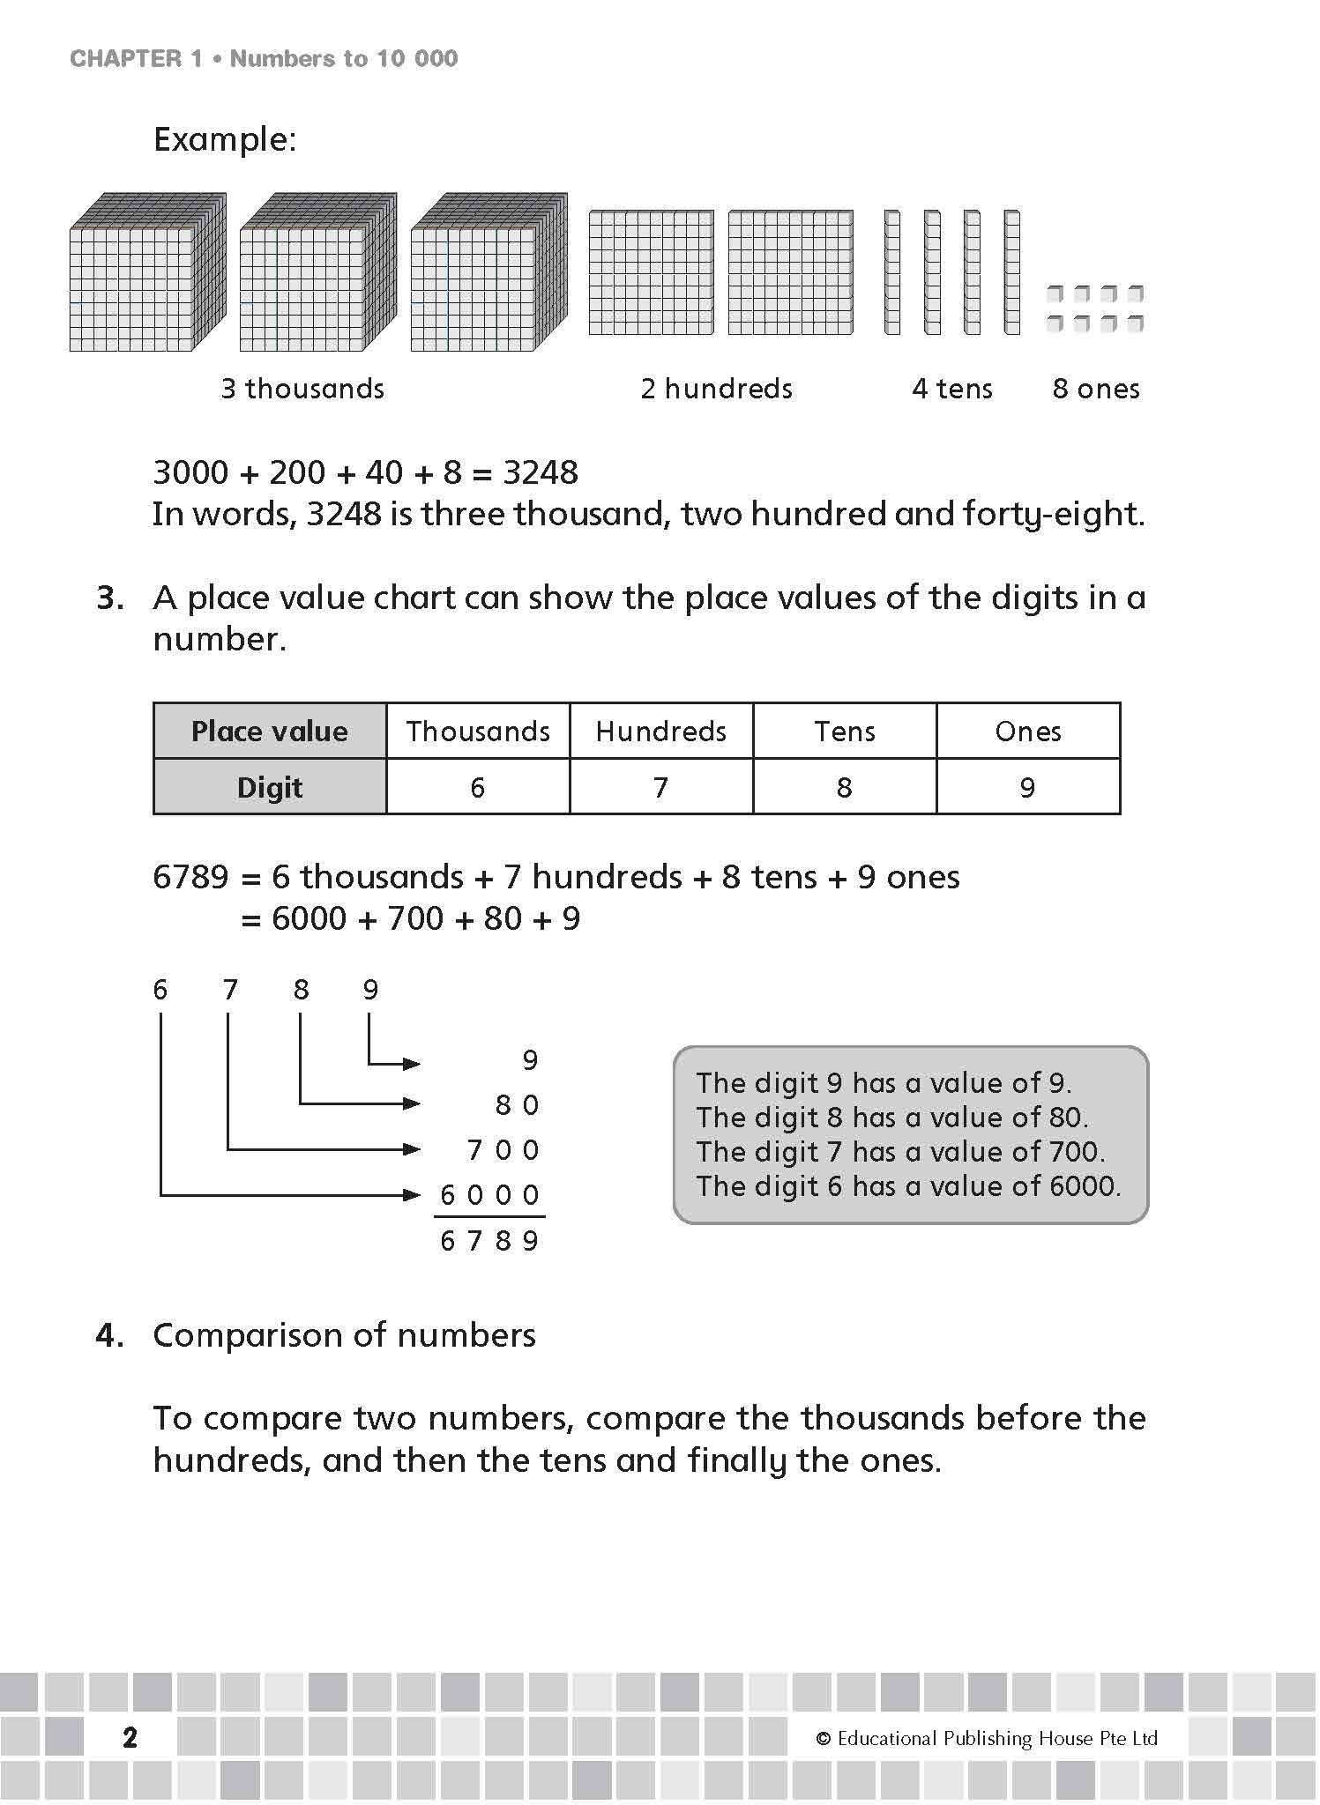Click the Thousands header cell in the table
click(x=478, y=731)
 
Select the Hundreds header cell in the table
click(x=660, y=731)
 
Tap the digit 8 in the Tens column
click(x=844, y=787)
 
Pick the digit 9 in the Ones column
click(x=1027, y=787)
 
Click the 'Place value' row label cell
click(x=269, y=731)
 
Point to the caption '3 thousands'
click(x=302, y=389)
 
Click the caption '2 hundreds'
click(x=716, y=389)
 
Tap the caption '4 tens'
click(x=952, y=389)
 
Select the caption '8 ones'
click(x=1096, y=389)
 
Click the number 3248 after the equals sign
click(x=540, y=472)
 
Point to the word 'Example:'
click(x=225, y=139)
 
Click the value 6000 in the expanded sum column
click(x=489, y=1195)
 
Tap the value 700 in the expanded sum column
click(x=503, y=1150)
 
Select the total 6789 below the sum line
click(x=489, y=1241)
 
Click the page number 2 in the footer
click(x=130, y=1737)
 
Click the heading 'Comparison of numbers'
click(x=344, y=1335)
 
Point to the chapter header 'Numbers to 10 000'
click(x=344, y=59)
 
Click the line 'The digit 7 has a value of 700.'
click(x=900, y=1152)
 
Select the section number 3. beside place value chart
click(x=110, y=598)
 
